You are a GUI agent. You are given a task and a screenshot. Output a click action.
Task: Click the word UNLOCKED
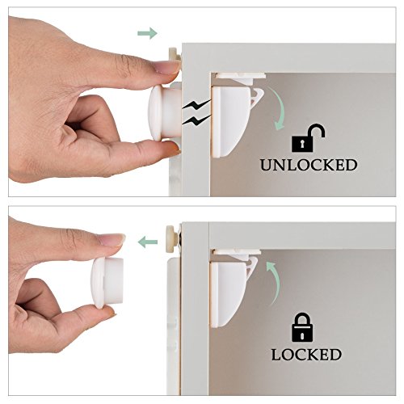tap(308, 165)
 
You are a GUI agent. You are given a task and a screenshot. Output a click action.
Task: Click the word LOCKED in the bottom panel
tap(308, 354)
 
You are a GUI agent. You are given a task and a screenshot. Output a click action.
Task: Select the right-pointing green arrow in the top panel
tap(146, 33)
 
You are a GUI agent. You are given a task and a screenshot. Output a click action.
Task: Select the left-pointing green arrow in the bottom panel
tap(146, 240)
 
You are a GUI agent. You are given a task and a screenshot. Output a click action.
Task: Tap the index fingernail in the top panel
tap(167, 70)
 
